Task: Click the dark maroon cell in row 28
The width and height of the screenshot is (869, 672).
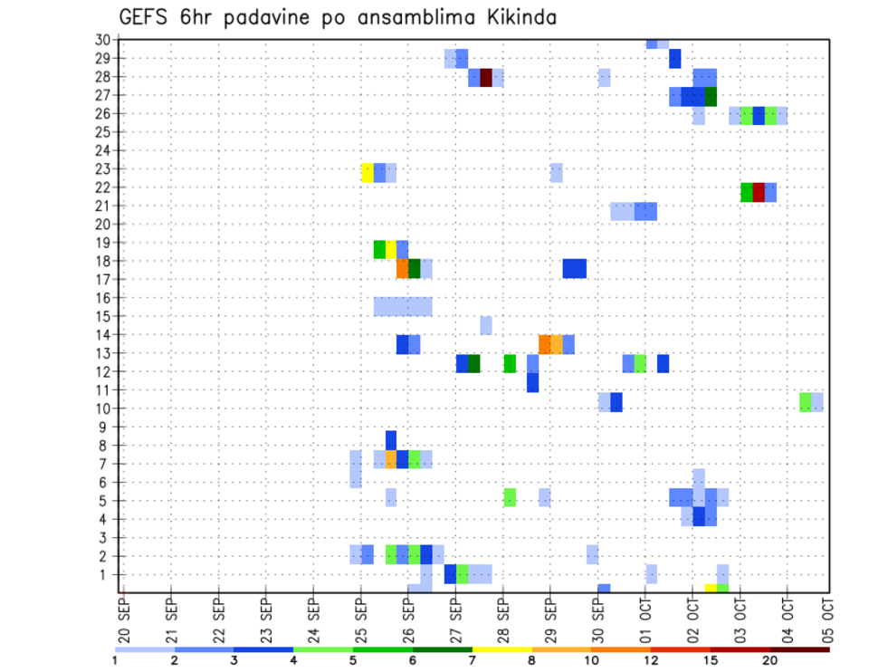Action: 486,78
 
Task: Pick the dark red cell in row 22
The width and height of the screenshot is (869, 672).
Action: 759,192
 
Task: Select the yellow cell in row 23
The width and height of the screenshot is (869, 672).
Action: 368,172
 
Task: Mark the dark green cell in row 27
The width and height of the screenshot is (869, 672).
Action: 711,96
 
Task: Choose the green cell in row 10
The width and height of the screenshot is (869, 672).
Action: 806,401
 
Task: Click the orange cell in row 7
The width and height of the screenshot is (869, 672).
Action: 391,459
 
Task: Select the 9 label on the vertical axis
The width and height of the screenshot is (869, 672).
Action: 105,427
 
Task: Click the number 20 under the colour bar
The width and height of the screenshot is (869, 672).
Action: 770,661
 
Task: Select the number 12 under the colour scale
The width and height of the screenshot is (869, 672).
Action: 651,661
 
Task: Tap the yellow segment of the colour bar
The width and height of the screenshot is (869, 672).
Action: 501,649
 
